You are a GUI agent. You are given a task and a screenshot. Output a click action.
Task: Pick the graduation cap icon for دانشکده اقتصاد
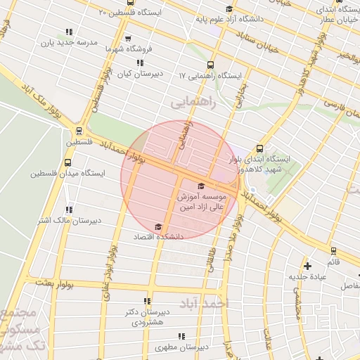coord(157,226)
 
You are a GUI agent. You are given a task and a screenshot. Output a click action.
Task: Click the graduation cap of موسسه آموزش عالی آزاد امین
coord(202,186)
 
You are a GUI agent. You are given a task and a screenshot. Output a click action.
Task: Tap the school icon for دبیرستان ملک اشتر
coord(69,210)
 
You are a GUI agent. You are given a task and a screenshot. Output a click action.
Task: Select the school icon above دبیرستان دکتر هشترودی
coord(147,301)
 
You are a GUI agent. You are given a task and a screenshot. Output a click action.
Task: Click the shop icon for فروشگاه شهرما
coord(127,39)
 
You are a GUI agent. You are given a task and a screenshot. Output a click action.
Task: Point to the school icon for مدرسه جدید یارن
coord(69,32)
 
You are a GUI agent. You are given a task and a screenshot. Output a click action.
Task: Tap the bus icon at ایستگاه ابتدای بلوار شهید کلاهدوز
coord(259,148)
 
